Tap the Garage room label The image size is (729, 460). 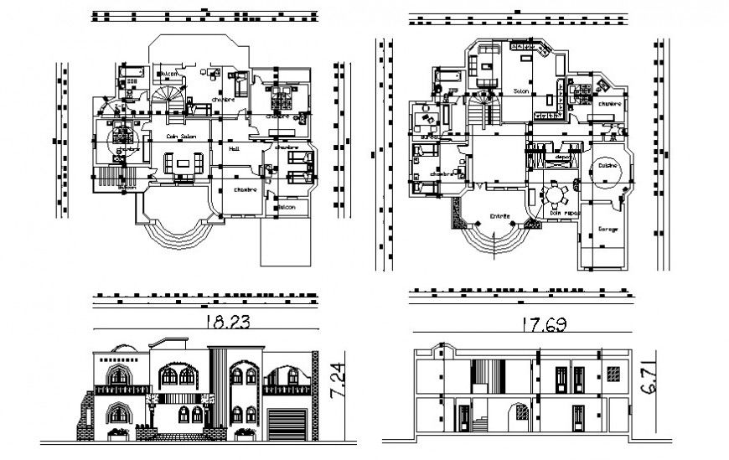point(607,230)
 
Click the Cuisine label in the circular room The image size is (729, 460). point(607,165)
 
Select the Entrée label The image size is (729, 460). point(500,216)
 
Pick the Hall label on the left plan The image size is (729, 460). point(235,148)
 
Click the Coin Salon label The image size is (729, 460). point(181,137)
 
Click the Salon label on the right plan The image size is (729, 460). point(520,90)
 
